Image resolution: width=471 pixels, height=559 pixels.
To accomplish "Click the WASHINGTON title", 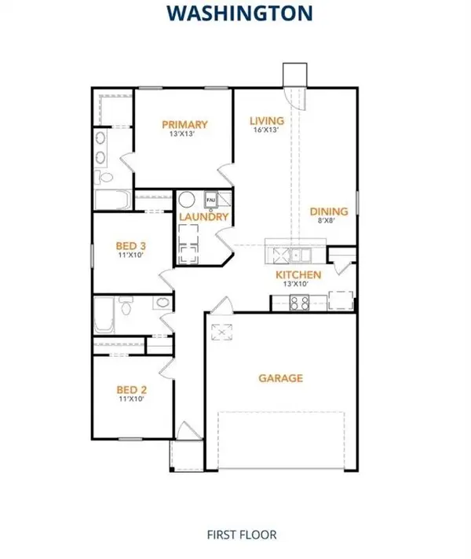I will (x=235, y=13).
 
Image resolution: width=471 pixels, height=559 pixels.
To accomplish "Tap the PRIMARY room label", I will (x=185, y=124).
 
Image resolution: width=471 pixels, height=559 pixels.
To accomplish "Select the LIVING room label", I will (x=266, y=120).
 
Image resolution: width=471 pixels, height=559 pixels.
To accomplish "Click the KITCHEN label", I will (x=298, y=274).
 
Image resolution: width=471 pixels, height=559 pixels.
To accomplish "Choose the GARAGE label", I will (x=281, y=378).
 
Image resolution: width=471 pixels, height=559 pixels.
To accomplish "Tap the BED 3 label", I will (x=133, y=245).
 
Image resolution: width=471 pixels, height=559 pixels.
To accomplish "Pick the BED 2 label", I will (x=133, y=389).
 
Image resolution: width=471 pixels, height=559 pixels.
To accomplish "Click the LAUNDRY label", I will (x=203, y=217).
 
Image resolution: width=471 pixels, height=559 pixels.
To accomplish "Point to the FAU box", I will (x=210, y=198).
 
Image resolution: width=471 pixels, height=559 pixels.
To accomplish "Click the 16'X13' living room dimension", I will (x=266, y=131).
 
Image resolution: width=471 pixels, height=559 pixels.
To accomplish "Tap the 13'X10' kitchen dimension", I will (x=298, y=285).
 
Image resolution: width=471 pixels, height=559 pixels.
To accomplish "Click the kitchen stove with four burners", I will (x=299, y=303).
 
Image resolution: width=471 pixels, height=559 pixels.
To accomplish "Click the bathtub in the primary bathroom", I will (x=113, y=200).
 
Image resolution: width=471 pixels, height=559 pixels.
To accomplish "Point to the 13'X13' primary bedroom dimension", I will (x=185, y=134).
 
